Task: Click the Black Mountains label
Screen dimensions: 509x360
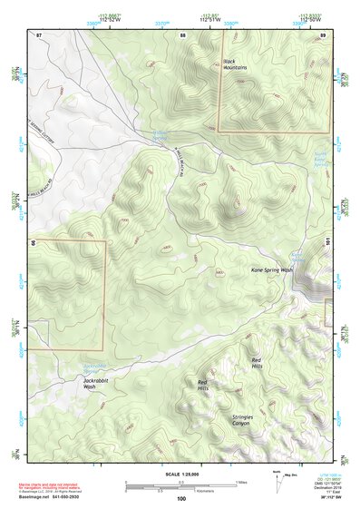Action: pos(235,64)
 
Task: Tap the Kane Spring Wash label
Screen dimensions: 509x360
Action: pos(272,270)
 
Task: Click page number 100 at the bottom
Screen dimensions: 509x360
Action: pos(181,498)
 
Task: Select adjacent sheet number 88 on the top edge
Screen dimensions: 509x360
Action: pos(182,34)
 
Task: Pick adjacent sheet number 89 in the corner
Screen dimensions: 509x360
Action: pos(323,34)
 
